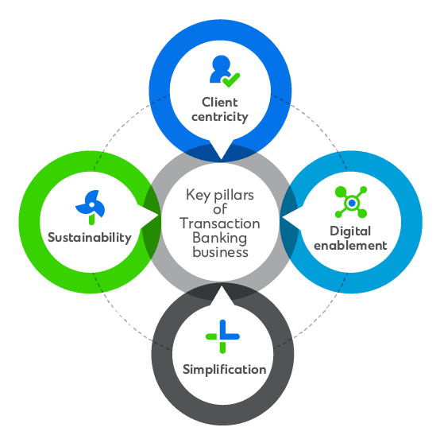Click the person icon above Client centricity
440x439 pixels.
pos(225,71)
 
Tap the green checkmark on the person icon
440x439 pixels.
pos(231,80)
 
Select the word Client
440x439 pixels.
pos(220,102)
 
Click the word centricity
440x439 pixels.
pos(220,117)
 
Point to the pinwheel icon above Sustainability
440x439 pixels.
pos(91,207)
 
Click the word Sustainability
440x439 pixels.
pos(90,238)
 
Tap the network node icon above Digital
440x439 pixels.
pos(351,202)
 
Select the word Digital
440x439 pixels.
pos(350,231)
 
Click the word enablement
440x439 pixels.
pos(350,246)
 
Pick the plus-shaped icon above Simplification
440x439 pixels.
pos(222,336)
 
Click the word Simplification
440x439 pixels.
pos(224,369)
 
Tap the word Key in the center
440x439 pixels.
pos(198,195)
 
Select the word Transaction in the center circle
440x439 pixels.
pos(220,223)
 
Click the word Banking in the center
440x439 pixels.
pos(220,239)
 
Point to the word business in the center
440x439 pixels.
pos(220,252)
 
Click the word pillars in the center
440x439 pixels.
pos(234,195)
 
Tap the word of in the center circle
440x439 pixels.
pos(220,209)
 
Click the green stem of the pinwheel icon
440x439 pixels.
pos(91,219)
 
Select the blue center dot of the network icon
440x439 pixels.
pos(352,203)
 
